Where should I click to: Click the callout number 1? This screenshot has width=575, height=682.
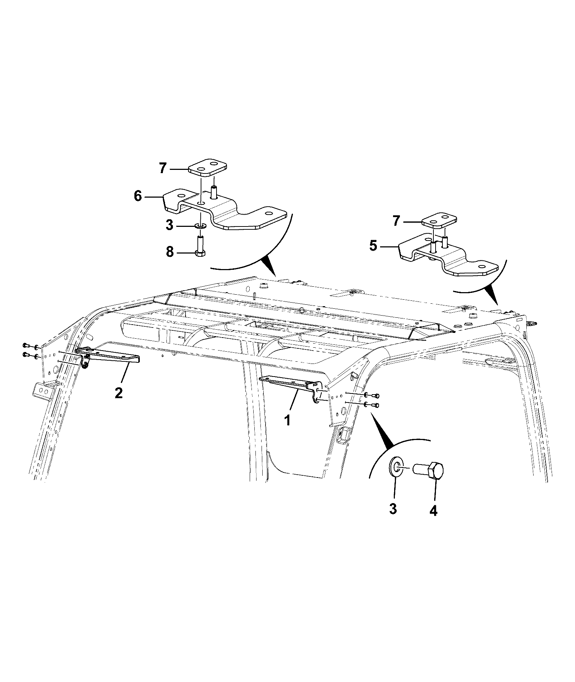coord(287,420)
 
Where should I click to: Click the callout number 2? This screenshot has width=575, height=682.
coord(119,392)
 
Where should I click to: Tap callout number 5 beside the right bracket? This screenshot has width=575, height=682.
coord(373,246)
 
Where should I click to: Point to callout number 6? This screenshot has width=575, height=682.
coord(138,197)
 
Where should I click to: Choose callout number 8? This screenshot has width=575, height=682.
coord(170,252)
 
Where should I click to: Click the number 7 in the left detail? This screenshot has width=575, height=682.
coord(163,168)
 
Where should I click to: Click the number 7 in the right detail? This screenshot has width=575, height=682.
coord(396,221)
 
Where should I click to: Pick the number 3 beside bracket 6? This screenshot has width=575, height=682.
coord(169,226)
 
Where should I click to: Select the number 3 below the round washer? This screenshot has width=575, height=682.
coord(393,509)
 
